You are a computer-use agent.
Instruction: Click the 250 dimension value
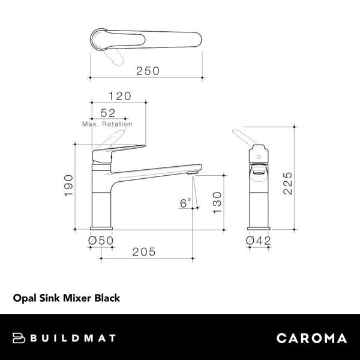pyautogui.click(x=147, y=71)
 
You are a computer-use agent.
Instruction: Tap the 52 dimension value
pyautogui.click(x=108, y=112)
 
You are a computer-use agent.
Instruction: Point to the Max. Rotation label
pyautogui.click(x=107, y=124)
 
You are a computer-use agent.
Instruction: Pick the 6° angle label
pyautogui.click(x=185, y=203)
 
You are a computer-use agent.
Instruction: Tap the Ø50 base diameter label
pyautogui.click(x=101, y=240)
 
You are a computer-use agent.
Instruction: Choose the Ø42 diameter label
pyautogui.click(x=259, y=240)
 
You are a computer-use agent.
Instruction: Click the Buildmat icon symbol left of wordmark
pyautogui.click(x=20, y=338)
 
